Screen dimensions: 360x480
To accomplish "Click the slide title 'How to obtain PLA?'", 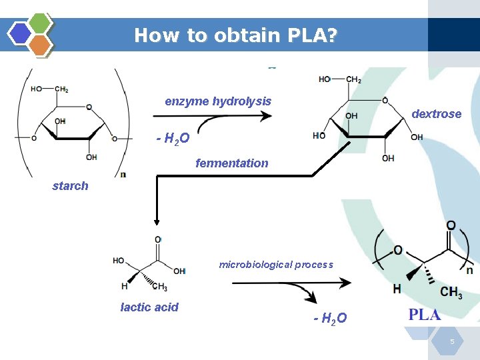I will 235,35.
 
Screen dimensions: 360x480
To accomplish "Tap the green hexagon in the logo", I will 40,23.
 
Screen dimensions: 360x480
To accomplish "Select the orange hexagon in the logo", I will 40,45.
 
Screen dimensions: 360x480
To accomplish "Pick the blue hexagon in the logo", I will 20,33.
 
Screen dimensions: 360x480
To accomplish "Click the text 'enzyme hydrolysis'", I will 218,101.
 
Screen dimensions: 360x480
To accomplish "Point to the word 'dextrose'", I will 436,114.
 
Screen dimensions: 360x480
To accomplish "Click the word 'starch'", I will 70,186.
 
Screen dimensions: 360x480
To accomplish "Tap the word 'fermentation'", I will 231,163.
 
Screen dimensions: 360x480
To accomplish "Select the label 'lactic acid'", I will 149,307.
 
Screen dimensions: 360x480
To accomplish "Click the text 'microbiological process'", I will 276,265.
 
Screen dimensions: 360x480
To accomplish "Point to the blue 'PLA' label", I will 425,315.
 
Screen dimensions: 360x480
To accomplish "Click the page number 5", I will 452,342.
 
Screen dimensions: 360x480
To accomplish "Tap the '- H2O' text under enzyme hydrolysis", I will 173,139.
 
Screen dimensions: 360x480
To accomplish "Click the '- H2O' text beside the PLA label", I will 330,319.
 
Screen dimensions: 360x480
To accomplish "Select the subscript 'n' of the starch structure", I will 123,175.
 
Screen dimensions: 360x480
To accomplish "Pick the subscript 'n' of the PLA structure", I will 469,271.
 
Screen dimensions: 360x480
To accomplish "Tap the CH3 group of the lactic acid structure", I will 160,287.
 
